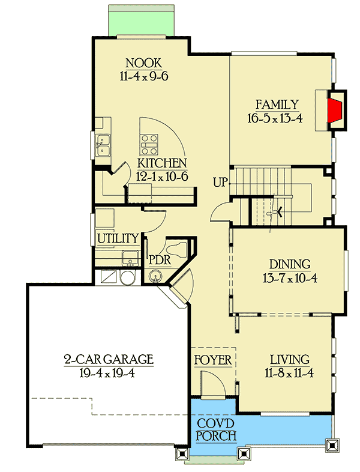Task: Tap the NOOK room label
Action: click(145, 62)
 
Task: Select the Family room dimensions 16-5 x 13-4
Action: click(278, 118)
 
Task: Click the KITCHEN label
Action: click(162, 163)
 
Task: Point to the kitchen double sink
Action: click(104, 145)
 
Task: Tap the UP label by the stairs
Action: click(220, 182)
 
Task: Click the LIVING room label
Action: click(289, 360)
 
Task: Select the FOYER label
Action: click(213, 360)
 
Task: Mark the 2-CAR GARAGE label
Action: click(109, 360)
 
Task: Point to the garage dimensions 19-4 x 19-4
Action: click(109, 373)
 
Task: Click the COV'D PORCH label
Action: click(216, 429)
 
